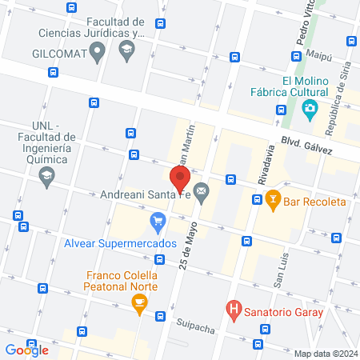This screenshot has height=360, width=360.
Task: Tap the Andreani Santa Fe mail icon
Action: click(x=201, y=193)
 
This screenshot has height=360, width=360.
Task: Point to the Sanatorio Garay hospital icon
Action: click(x=234, y=306)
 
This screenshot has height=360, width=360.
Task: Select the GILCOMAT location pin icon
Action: click(x=98, y=54)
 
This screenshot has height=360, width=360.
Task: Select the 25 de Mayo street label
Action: click(x=189, y=246)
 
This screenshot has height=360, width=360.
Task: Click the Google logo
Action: click(x=26, y=350)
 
